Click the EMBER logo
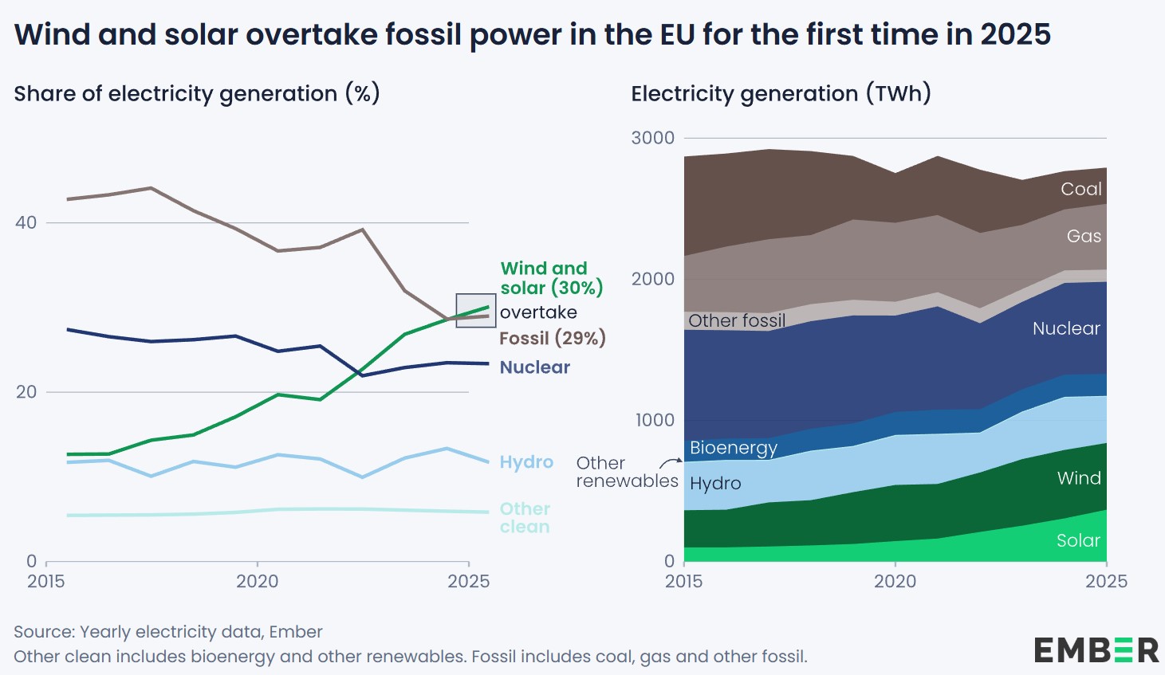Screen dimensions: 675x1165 pos(1096,650)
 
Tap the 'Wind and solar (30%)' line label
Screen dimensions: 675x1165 pos(551,278)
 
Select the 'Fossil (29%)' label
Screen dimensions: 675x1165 pos(552,338)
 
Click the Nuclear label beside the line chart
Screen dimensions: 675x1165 pos(534,367)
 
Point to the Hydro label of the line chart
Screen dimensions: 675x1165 pos(526,462)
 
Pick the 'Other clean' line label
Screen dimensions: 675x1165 pos(525,518)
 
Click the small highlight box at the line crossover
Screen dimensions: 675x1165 pos(476,310)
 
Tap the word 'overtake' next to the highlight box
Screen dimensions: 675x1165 pos(538,312)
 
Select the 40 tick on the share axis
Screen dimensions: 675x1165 pos(26,222)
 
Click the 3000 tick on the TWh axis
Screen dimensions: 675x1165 pos(652,138)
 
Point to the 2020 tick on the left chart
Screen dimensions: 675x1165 pos(257,581)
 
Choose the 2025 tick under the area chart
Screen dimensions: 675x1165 pos(1106,581)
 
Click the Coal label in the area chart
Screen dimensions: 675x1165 pos(1080,189)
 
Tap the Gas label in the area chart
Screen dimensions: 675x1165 pos(1084,236)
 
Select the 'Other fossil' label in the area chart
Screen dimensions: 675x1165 pos(737,320)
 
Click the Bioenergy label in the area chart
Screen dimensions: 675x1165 pos(733,448)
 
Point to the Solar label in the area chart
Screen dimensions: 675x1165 pos(1078,540)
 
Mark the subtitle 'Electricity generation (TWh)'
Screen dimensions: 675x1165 pos(781,94)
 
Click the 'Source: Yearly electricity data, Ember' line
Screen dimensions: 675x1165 pos(168,632)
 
